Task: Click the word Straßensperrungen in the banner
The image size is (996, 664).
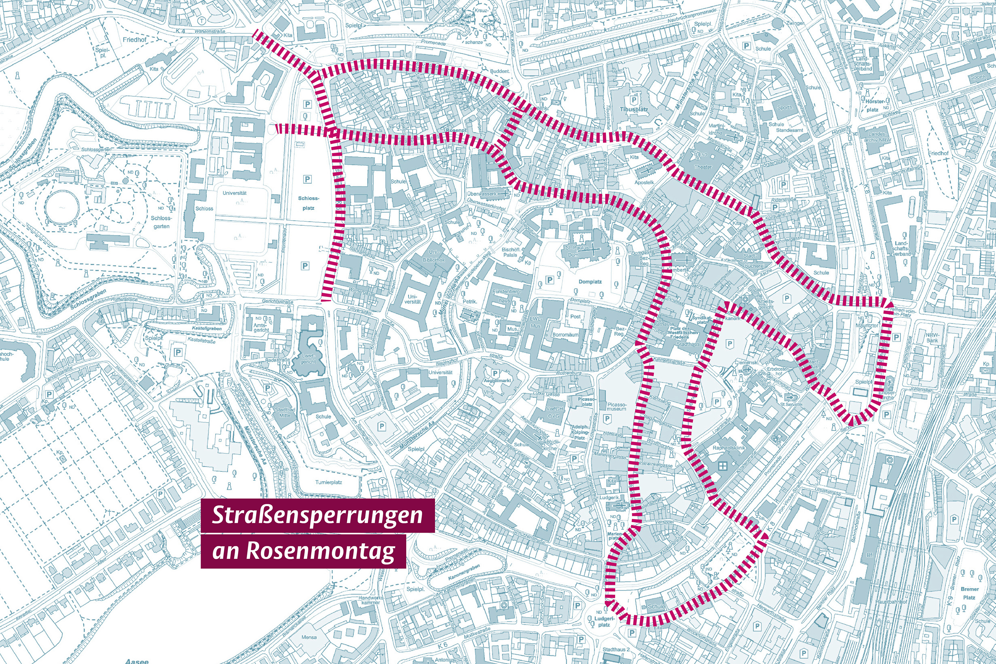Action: click(x=317, y=515)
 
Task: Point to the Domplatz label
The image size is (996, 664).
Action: click(x=590, y=282)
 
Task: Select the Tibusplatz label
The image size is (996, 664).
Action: click(x=634, y=109)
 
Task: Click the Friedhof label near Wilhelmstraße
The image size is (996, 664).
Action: click(x=135, y=40)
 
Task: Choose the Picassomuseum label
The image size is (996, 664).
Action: click(x=616, y=406)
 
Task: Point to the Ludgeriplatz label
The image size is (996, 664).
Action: click(x=604, y=621)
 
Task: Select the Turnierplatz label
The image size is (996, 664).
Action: click(x=329, y=482)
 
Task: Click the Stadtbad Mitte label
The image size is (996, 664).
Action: click(x=285, y=412)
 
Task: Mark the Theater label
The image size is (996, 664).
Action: click(x=703, y=167)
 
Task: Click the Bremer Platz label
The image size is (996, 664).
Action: click(x=969, y=593)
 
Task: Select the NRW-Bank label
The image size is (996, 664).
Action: click(x=932, y=338)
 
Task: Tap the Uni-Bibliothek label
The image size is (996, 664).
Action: click(x=434, y=256)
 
